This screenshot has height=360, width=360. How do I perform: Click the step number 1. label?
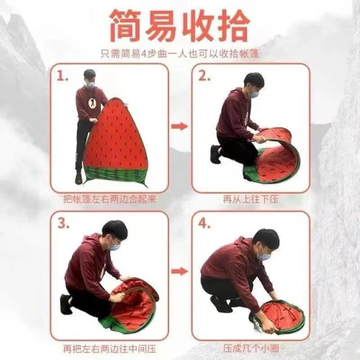click(65, 76)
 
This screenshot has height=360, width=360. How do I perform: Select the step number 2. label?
click(204, 76)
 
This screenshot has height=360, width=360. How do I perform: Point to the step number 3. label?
click(65, 222)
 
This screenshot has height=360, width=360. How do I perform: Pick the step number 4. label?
click(204, 222)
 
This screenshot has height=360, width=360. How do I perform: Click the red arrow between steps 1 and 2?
click(179, 127)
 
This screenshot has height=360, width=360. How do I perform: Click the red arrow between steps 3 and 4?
click(179, 271)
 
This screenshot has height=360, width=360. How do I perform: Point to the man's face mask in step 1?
click(89, 85)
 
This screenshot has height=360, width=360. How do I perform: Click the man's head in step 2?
click(253, 84)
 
